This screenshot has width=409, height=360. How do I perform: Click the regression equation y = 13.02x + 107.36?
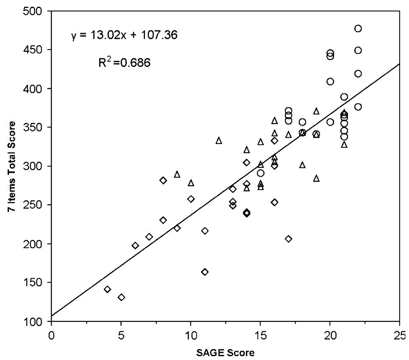124,35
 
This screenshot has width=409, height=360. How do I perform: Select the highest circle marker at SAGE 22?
358,28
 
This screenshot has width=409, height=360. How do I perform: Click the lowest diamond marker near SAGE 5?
121,297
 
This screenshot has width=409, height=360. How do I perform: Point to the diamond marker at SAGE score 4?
107,289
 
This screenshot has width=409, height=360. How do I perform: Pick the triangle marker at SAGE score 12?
219,140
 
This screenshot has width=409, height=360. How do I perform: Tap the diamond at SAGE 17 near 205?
289,239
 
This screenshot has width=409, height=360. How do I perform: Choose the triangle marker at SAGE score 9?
177,174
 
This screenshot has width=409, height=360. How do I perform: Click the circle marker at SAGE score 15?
261,173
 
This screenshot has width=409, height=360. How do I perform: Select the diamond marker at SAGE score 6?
135,246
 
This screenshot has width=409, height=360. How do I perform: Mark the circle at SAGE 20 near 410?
330,81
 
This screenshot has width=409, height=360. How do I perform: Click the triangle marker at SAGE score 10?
191,183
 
